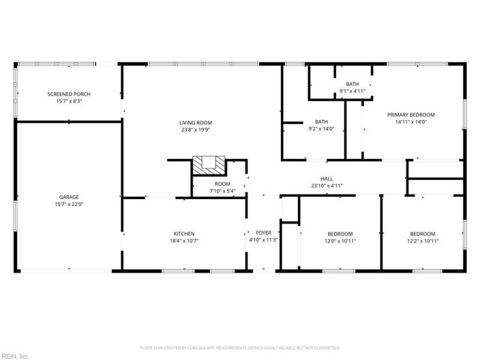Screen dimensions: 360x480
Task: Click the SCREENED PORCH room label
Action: (x=68, y=94)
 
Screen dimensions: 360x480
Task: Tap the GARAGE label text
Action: (x=68, y=197)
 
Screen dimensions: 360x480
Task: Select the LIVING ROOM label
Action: (x=196, y=122)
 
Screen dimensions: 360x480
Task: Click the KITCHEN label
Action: (x=184, y=233)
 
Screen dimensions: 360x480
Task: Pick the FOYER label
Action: (x=263, y=233)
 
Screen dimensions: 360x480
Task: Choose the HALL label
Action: (x=326, y=178)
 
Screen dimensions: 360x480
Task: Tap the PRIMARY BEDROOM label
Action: (x=410, y=115)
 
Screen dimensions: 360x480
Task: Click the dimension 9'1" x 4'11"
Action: (x=352, y=91)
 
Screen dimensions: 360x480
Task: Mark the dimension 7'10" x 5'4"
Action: (x=222, y=191)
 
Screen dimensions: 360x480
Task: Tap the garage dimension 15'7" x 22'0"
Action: (x=68, y=204)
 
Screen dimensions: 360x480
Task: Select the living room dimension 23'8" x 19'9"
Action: (x=196, y=130)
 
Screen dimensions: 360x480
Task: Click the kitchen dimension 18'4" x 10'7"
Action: (x=184, y=241)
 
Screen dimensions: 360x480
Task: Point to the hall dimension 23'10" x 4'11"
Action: (x=326, y=185)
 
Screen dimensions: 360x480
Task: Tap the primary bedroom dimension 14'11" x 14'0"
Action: (x=410, y=122)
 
